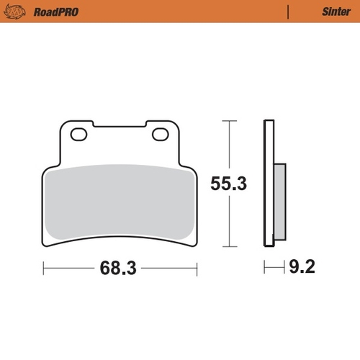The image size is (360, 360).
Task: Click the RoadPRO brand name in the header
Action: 55,12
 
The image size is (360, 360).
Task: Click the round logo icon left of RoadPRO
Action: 18,12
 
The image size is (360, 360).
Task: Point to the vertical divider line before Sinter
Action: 287,12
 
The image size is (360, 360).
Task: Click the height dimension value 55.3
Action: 228,184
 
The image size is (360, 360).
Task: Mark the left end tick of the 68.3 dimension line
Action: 44,270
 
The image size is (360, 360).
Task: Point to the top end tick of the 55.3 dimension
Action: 229,121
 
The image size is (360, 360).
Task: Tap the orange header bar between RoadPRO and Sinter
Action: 180,12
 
